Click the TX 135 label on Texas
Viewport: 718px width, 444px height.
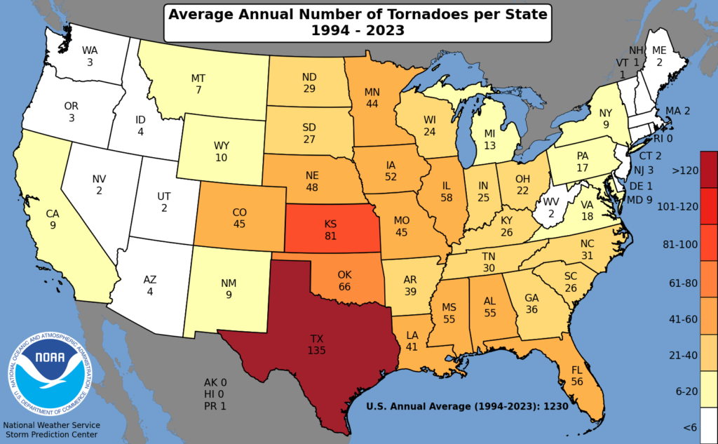(318, 344)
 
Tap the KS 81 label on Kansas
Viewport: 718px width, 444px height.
(330, 230)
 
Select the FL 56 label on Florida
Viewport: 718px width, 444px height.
(577, 374)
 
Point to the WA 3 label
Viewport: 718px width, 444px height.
(90, 56)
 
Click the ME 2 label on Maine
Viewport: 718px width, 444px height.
(659, 55)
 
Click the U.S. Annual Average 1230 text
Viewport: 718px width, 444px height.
(466, 405)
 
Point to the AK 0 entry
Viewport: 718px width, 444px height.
(215, 383)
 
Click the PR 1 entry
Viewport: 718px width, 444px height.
(215, 405)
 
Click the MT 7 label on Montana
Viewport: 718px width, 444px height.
(198, 84)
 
